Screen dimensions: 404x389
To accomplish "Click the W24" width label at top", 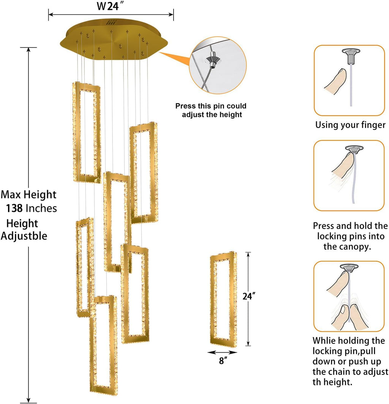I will click(111, 6).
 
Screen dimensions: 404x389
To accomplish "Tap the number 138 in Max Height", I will click(16, 208).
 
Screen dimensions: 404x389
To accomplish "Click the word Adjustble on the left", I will click(24, 236).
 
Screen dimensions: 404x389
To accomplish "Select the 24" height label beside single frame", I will click(248, 296).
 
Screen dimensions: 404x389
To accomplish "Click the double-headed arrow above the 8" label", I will click(222, 352).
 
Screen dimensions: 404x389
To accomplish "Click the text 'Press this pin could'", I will click(210, 106).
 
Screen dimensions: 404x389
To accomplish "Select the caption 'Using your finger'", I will click(350, 125).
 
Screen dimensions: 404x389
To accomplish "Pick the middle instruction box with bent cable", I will click(349, 176).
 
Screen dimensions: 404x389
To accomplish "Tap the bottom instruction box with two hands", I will click(349, 296).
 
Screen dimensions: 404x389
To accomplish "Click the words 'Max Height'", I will click(28, 195).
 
